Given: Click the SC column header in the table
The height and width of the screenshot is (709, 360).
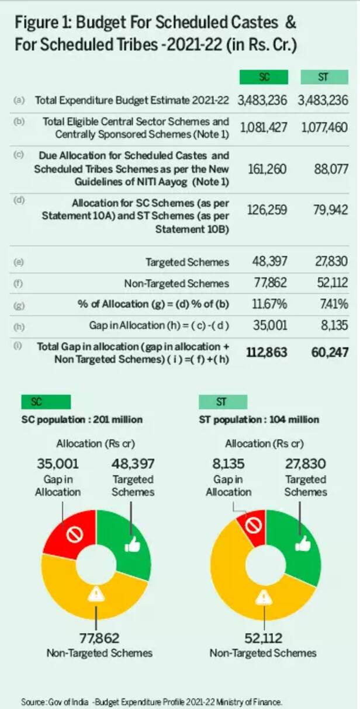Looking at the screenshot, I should [263, 78].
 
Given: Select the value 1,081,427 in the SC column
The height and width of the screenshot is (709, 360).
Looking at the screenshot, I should [263, 127].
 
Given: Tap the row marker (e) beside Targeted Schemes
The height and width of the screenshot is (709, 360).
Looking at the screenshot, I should [18, 263].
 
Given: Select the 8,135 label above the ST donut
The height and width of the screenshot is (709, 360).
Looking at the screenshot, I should [227, 464].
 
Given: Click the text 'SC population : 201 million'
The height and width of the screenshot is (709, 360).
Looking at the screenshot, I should [82, 419].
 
